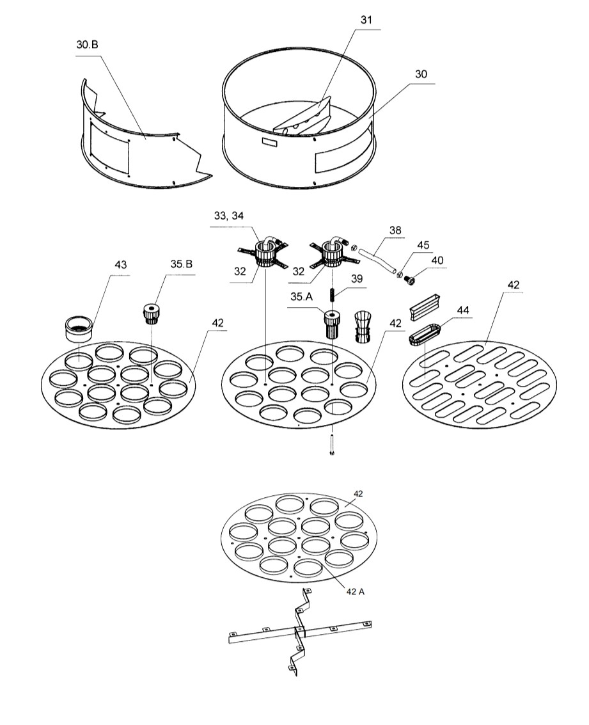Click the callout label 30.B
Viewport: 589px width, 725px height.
coord(88,44)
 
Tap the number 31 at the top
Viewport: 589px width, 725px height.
coord(366,19)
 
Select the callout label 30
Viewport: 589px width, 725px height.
coord(421,74)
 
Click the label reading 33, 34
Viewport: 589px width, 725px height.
coord(229,216)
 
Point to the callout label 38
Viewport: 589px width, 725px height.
coord(395,230)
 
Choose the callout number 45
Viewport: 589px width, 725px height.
coord(423,245)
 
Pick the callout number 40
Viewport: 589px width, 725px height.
coord(437,260)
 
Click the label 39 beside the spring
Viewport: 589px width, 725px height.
coord(357,278)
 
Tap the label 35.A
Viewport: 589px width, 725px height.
coord(301,296)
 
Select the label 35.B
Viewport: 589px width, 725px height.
coord(182,264)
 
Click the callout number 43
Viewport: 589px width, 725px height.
coord(121,264)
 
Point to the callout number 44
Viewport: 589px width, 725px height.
coord(463,310)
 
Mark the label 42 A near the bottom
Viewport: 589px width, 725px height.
coord(355,591)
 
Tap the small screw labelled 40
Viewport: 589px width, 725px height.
coord(409,280)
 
